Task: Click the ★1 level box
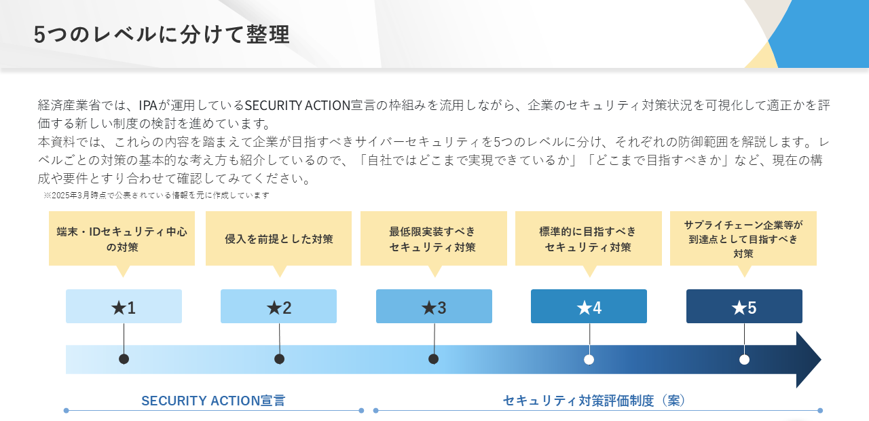click(x=124, y=306)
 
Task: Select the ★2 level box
click(x=278, y=306)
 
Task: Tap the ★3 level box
click(x=434, y=306)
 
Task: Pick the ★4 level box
click(x=589, y=306)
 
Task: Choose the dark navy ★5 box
click(x=744, y=306)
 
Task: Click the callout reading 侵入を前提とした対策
click(x=278, y=238)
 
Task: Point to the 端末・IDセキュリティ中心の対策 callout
click(x=122, y=238)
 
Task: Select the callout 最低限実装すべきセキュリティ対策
click(x=434, y=238)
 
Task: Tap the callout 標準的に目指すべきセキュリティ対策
click(x=589, y=238)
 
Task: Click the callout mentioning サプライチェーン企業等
click(x=743, y=238)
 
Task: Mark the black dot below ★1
click(x=124, y=359)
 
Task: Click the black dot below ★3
click(x=434, y=359)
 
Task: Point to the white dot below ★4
click(x=589, y=360)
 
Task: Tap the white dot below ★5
click(x=744, y=360)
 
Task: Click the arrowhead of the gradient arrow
click(x=809, y=360)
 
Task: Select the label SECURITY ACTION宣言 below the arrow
click(x=213, y=401)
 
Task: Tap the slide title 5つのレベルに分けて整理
click(x=162, y=34)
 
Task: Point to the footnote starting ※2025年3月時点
click(x=156, y=195)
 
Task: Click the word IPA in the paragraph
click(x=148, y=105)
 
